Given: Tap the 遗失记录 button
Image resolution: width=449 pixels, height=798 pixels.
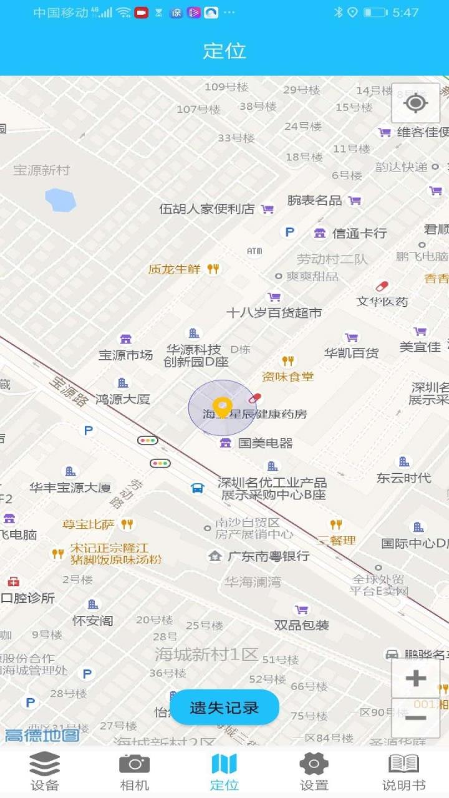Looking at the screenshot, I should coord(224,708).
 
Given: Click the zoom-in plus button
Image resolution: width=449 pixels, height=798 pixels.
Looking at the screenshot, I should coord(415,678).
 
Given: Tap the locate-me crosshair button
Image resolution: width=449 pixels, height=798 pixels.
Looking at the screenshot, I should coord(415,103).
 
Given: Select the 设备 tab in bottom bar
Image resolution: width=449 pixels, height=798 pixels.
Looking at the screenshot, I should coord(45,771).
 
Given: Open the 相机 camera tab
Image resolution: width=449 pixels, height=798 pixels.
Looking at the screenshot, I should coord(135,771).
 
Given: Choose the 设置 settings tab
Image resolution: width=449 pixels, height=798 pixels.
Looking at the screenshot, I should coord(314,771).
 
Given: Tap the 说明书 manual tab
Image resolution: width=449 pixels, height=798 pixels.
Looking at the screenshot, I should coord(403,771).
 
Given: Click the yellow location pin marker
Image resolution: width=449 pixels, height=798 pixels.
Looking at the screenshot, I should coord(222,407).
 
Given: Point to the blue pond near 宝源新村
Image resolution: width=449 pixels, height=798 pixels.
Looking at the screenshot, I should coord(60,199).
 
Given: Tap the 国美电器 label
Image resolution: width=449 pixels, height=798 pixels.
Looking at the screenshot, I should coord(265,443).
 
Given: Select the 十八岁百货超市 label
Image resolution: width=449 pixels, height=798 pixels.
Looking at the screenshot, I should coord(274,312).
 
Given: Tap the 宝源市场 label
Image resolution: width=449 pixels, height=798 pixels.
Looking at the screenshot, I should coord(125,355).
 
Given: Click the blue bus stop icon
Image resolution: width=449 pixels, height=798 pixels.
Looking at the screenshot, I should coord(198,488).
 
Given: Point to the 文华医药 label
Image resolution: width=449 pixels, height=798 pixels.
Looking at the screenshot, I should coord(382,301).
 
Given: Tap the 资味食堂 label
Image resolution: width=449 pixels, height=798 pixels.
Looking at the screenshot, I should coord(287,376).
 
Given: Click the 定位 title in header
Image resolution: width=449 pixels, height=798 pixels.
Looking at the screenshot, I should coord(224,50).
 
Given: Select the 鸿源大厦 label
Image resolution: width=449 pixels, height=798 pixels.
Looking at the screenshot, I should coord(123,399).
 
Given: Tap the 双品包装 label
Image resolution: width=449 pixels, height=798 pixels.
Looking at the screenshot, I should coord(302,625).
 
